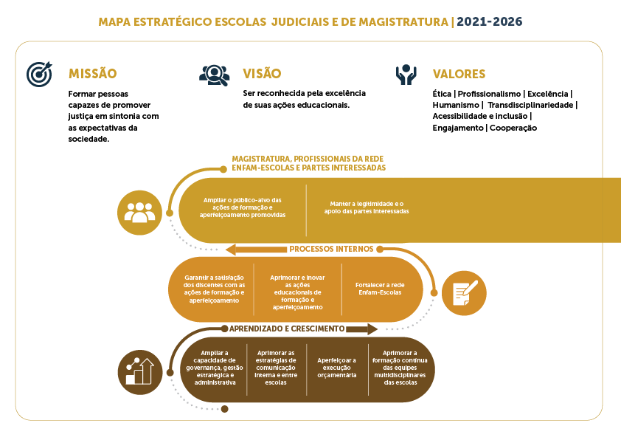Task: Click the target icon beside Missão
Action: tap(39, 74)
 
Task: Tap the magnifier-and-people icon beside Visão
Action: tap(215, 75)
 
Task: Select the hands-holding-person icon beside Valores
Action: tap(406, 75)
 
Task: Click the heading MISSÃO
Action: tap(93, 74)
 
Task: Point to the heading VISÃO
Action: tap(262, 73)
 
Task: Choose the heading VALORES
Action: tap(459, 74)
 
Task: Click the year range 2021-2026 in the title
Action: tap(490, 21)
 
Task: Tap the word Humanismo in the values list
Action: tap(456, 105)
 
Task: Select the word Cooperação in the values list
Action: tap(513, 128)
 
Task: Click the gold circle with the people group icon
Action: tap(140, 213)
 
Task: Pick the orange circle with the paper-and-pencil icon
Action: tap(464, 293)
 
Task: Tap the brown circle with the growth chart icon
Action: tap(140, 372)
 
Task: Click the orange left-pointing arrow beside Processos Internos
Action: tap(256, 250)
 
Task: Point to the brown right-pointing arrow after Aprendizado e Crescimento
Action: tap(361, 329)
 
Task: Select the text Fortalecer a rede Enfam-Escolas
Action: tap(380, 289)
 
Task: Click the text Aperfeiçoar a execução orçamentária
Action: tap(336, 368)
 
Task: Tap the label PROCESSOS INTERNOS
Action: tap(331, 249)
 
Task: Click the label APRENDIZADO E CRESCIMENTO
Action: tap(287, 329)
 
